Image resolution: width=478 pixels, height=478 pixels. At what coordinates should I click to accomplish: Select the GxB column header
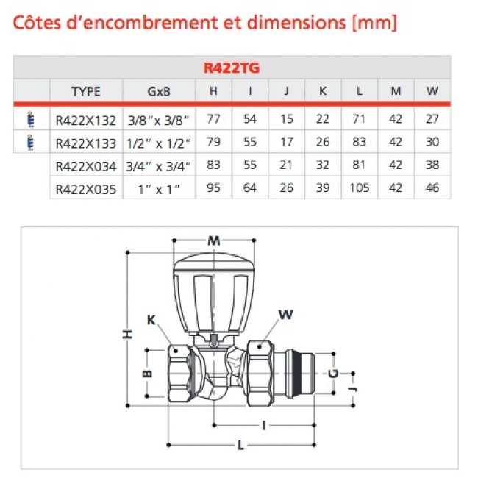159,92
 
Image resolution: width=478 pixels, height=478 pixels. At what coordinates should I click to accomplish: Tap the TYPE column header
86,92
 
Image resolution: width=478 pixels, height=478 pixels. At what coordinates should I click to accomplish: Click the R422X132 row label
86,118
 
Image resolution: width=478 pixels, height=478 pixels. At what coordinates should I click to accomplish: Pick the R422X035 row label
86,188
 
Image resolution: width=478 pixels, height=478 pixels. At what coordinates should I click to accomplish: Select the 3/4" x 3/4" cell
159,165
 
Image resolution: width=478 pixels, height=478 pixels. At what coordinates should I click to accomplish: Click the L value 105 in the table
359,188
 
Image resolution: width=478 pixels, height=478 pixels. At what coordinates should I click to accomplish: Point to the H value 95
214,188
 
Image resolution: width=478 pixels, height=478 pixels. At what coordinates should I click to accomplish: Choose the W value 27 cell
432,118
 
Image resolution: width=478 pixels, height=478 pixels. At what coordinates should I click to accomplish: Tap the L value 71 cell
359,118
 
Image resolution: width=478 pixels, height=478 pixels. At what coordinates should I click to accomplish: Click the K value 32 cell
323,165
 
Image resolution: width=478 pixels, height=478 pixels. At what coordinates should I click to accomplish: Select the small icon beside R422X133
29,141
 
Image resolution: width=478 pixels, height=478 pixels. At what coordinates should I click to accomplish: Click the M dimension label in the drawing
213,240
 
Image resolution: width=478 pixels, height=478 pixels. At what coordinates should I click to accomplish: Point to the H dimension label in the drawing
127,335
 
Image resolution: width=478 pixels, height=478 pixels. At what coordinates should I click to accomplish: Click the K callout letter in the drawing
151,320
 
